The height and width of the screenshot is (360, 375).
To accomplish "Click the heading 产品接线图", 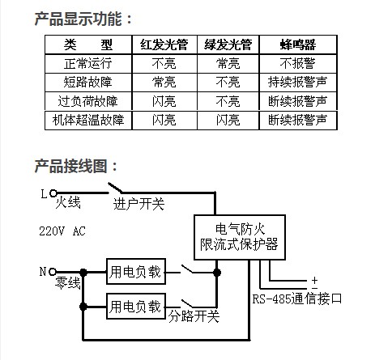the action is [71, 166].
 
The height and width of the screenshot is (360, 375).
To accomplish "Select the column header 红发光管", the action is [164, 44].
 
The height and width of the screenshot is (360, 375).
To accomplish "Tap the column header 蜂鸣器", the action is [298, 44].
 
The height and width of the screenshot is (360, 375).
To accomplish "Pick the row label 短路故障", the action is [88, 82].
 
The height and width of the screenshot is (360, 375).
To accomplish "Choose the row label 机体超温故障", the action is [88, 120].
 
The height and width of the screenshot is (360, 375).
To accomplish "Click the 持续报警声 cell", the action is [298, 82].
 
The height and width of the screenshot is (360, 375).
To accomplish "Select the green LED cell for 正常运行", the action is [228, 63].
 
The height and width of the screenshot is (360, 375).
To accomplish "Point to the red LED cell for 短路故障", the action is [164, 82].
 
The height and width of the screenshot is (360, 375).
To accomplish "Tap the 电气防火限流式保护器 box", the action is [240, 237].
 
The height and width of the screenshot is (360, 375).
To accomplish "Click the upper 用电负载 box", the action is [136, 272].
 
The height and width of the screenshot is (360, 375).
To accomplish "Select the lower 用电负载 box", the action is [136, 307].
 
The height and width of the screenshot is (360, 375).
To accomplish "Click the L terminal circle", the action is [53, 193].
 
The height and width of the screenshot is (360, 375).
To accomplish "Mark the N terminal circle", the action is [53, 272].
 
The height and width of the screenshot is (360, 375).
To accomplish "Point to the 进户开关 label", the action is [138, 204].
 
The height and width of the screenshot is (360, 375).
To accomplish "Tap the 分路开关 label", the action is [194, 316].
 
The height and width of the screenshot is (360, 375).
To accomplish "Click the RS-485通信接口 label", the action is [297, 299].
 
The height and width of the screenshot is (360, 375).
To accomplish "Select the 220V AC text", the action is [62, 231].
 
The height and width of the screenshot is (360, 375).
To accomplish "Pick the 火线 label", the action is [68, 202].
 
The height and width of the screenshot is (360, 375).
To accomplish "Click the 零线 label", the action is [68, 282].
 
